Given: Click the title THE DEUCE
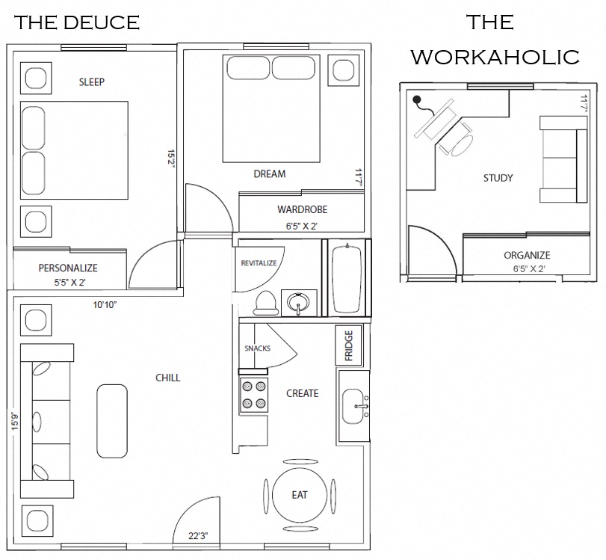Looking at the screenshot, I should point(77,22).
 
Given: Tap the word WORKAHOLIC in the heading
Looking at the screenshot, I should point(495,57).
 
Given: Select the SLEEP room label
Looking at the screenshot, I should point(91,82).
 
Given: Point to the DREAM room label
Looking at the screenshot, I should point(270,174).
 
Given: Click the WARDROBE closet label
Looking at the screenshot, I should point(302,209).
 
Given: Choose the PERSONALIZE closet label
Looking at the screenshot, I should point(68,268).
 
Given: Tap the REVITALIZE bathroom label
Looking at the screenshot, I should point(259,263).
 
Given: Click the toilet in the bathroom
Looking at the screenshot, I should point(265,302).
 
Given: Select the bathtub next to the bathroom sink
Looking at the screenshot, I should point(348,277).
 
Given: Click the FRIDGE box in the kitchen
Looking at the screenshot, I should point(348,345).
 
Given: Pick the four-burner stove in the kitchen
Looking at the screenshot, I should point(253,395).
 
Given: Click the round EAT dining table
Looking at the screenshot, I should point(299,495).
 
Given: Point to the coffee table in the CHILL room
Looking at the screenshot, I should point(112,421).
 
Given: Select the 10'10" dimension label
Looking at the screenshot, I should point(105,305).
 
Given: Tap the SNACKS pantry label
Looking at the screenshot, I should point(257,348).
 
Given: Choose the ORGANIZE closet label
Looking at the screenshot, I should point(527,255).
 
